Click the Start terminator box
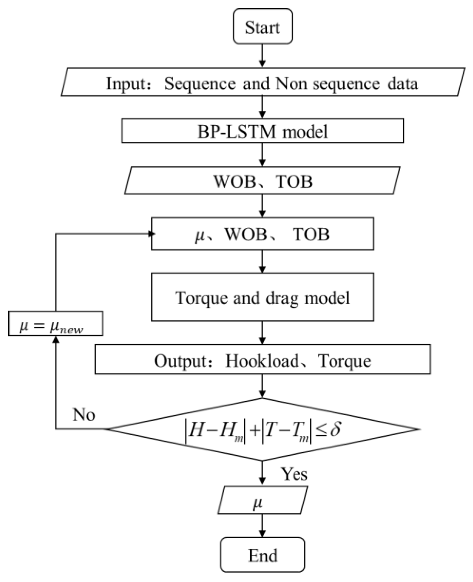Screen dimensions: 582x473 [x=262, y=27]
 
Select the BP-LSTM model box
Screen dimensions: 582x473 [x=262, y=131]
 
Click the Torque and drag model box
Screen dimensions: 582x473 [x=262, y=297]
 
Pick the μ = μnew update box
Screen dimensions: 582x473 [x=55, y=323]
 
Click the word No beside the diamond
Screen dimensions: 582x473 [x=84, y=414]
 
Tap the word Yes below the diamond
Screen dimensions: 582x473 [x=294, y=474]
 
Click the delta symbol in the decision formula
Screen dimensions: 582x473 [x=335, y=429]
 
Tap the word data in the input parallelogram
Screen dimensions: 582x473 [x=403, y=84]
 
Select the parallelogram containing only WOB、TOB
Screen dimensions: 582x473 [x=262, y=181]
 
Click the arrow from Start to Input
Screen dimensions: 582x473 [x=262, y=56]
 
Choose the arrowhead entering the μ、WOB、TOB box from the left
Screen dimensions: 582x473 [x=152, y=234]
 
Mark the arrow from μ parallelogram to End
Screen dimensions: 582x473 [x=262, y=525]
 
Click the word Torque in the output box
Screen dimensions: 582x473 [x=345, y=361]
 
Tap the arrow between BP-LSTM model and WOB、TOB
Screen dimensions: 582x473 [x=262, y=155]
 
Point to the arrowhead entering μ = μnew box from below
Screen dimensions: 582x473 [x=56, y=339]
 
